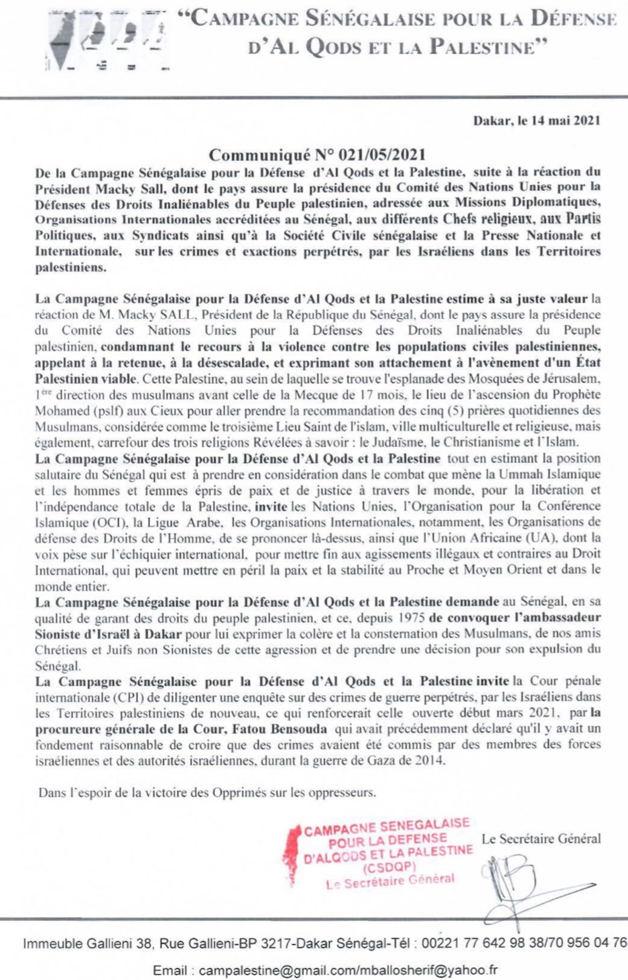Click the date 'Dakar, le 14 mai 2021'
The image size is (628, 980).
point(536,121)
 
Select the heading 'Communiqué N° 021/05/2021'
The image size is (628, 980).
point(317,156)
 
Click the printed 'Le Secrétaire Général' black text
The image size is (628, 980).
point(541,838)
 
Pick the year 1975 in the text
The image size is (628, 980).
point(411,617)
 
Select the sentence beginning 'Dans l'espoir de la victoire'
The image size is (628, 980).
point(207,792)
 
